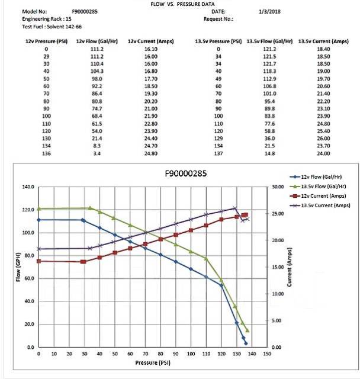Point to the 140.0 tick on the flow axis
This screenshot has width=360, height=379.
[28, 187]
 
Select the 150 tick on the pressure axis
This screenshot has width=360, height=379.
[266, 354]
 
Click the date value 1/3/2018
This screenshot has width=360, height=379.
[269, 11]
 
